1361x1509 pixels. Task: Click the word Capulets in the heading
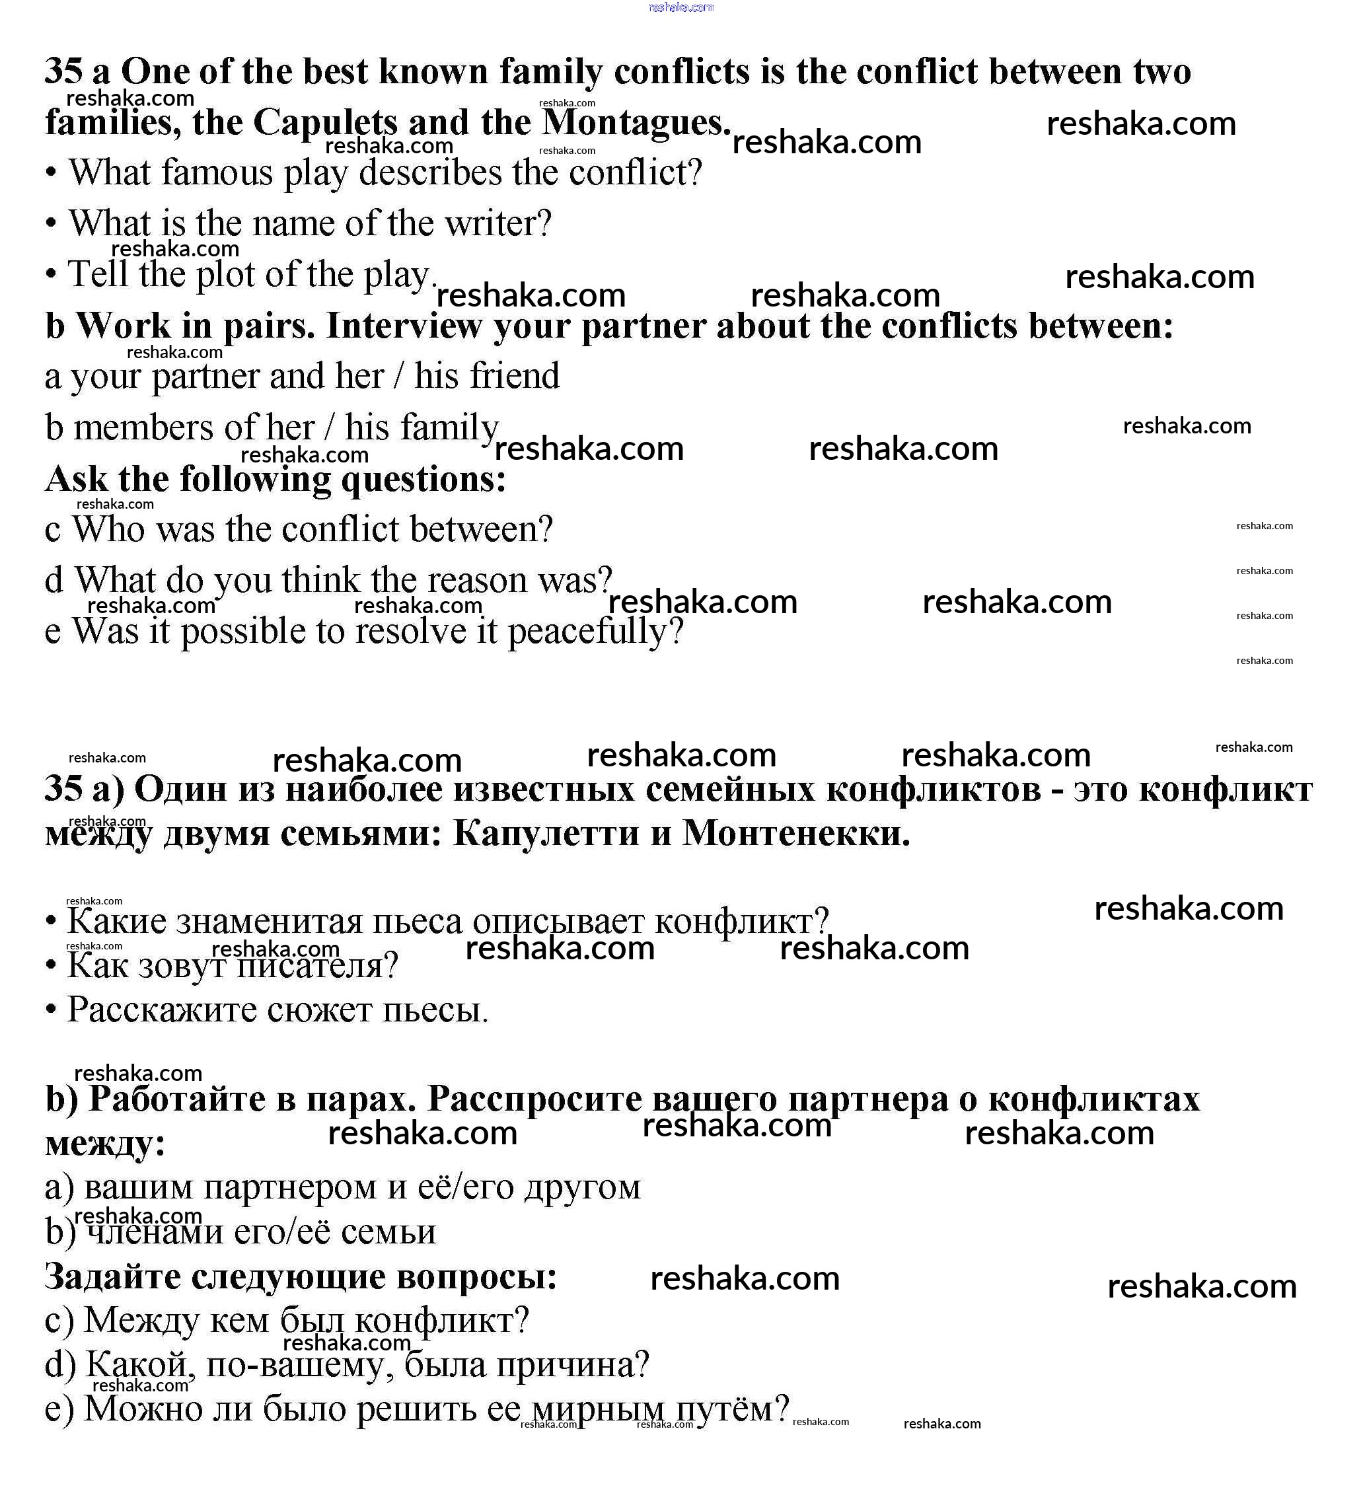325,122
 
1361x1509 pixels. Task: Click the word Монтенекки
795,832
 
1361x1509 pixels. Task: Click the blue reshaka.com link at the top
680,7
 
